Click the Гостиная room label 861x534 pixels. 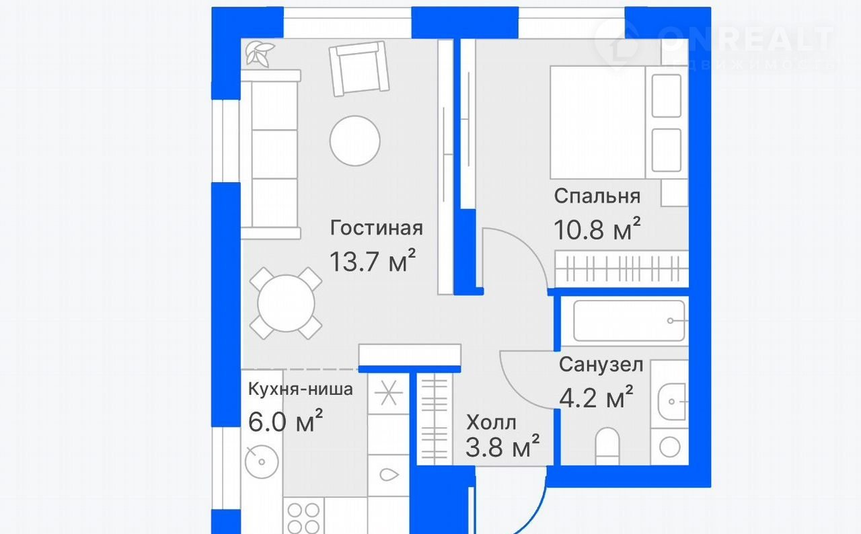(x=376, y=228)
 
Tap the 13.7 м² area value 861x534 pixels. (x=373, y=260)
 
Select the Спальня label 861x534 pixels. (x=597, y=196)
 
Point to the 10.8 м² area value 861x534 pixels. (x=597, y=229)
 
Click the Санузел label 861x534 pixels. (x=601, y=365)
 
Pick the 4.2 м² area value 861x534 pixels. (x=596, y=397)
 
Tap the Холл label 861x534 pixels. (x=491, y=422)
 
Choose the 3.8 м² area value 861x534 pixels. (x=502, y=446)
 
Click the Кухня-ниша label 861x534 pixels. (x=300, y=389)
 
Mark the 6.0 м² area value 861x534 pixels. (x=285, y=421)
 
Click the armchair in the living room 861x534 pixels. (x=359, y=69)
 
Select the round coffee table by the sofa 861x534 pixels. (x=354, y=141)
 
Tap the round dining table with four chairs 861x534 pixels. (x=286, y=303)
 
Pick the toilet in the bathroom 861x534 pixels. (x=607, y=446)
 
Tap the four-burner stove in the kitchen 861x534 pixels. (x=303, y=516)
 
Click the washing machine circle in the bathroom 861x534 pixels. (x=669, y=447)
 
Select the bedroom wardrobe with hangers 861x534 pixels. (x=622, y=269)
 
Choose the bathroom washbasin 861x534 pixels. (x=671, y=402)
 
